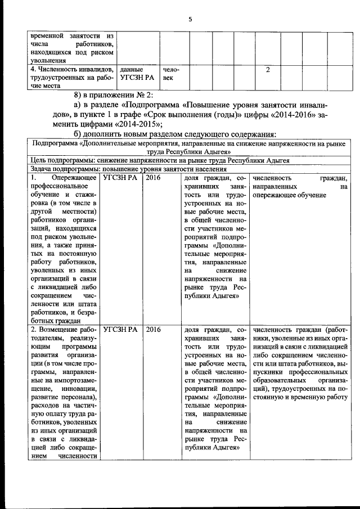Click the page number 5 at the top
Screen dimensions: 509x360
[x=190, y=19]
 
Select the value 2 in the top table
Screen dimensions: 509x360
[x=268, y=70]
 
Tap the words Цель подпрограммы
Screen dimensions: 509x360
[x=60, y=160]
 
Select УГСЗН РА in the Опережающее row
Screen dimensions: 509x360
[x=120, y=177]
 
